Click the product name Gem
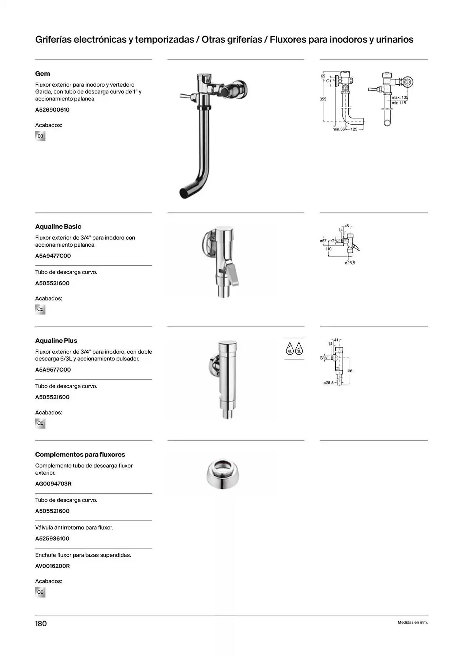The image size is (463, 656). tap(43, 73)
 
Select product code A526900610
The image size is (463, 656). tap(52, 110)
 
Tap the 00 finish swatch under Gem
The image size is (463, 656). tap(40, 136)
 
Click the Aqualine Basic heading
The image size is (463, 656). tap(58, 227)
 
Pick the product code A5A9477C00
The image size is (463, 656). tap(53, 256)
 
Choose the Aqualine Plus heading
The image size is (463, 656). tap(56, 341)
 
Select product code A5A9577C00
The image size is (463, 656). tap(53, 370)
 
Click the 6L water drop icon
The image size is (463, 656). tap(289, 348)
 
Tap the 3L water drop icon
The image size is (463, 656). tap(299, 348)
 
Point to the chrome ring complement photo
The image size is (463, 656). tap(223, 474)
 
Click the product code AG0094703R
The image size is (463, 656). tap(53, 484)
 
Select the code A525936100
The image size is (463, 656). tap(52, 539)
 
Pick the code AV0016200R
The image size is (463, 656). tap(52, 566)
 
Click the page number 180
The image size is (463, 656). tap(41, 624)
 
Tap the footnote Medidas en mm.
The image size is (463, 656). tap(413, 623)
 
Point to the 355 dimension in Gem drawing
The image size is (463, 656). tap(323, 99)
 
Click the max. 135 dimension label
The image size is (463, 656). tap(400, 97)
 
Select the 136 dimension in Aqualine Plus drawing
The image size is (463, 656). tap(349, 371)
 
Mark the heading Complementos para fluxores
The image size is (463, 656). tap(80, 455)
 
